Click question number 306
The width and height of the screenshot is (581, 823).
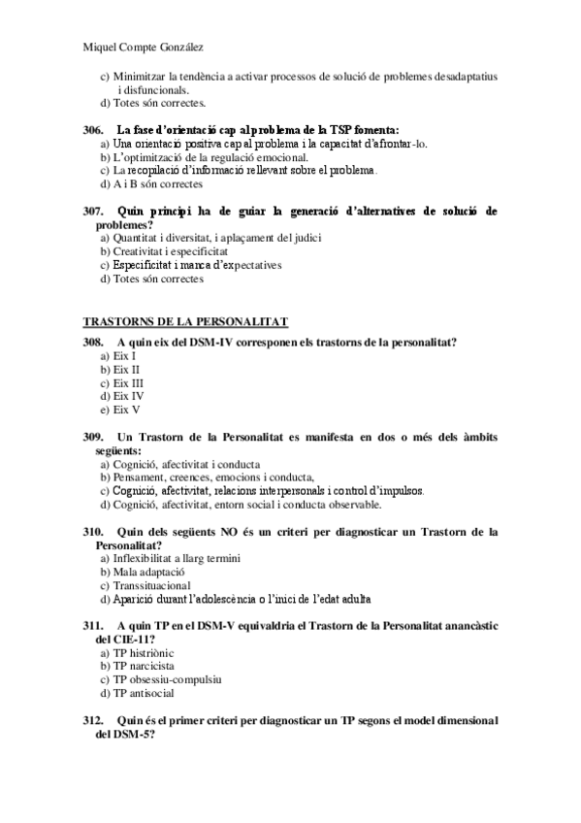click(x=93, y=129)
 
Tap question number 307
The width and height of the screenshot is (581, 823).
click(x=93, y=211)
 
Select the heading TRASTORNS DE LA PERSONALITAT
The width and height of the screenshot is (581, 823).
click(x=186, y=322)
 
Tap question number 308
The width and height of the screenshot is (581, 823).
click(x=93, y=342)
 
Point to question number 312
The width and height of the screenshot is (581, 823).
click(x=93, y=720)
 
